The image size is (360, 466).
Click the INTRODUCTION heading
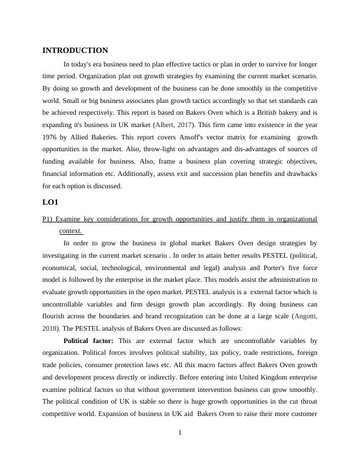tap(75, 51)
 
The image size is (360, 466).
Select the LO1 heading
tap(51, 202)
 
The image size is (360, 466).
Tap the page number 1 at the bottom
tap(180, 433)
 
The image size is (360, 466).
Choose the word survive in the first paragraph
tap(267, 63)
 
